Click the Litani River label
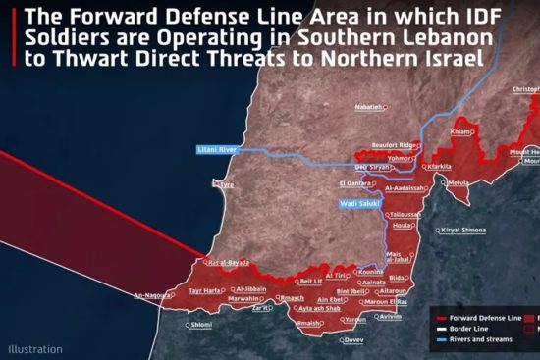[217, 149]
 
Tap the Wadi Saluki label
[360, 205]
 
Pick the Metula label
[459, 182]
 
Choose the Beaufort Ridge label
[397, 145]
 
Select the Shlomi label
[200, 324]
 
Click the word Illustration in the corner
[35, 348]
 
